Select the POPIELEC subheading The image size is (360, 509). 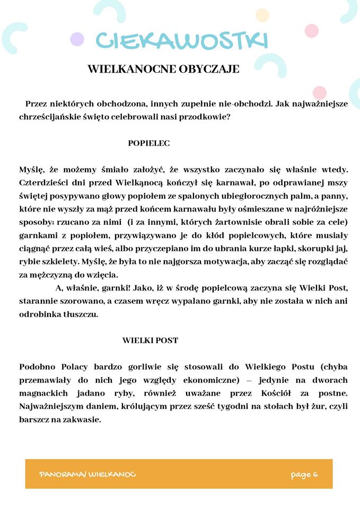click(148, 143)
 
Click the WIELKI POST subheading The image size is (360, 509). click(150, 340)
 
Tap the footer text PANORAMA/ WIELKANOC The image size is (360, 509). click(87, 474)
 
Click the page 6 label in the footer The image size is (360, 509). click(304, 474)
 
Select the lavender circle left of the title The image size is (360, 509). click(77, 39)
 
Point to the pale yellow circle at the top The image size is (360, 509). click(262, 15)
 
